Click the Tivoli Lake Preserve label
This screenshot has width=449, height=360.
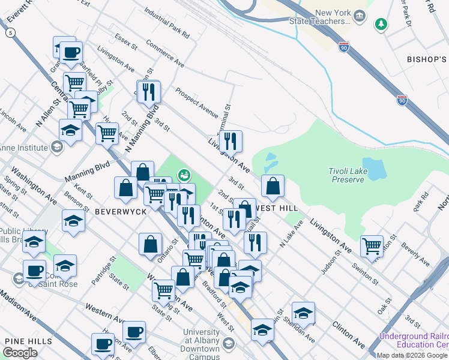click(346, 175)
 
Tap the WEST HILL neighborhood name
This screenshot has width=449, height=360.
click(277, 207)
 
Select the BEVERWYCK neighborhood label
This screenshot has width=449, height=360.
click(116, 211)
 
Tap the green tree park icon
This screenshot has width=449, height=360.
click(380, 24)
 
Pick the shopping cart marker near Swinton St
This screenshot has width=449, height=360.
click(372, 245)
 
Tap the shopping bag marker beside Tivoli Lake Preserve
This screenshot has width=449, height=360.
click(273, 186)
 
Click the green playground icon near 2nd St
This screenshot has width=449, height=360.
click(184, 175)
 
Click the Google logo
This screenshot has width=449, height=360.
click(20, 353)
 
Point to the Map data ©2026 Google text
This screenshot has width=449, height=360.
click(411, 355)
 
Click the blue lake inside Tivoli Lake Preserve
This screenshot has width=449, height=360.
click(373, 170)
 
